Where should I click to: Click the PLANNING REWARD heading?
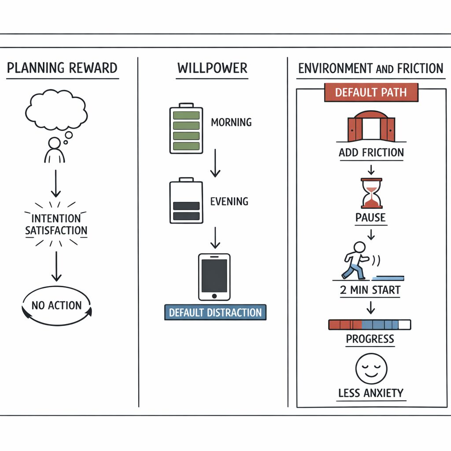62,68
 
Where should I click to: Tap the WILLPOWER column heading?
212,68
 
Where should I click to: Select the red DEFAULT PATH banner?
371,92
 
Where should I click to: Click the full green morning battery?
186,128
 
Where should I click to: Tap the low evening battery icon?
186,200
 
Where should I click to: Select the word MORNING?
231,122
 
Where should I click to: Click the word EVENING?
229,201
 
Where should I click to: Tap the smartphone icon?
214,277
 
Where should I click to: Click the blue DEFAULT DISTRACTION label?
215,312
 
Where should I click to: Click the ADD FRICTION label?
371,152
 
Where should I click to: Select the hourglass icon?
371,193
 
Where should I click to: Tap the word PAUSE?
370,218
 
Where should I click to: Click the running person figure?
356,261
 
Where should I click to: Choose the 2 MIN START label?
370,290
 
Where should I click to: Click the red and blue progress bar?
370,325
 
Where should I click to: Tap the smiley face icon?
371,369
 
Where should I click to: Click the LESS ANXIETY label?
371,393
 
